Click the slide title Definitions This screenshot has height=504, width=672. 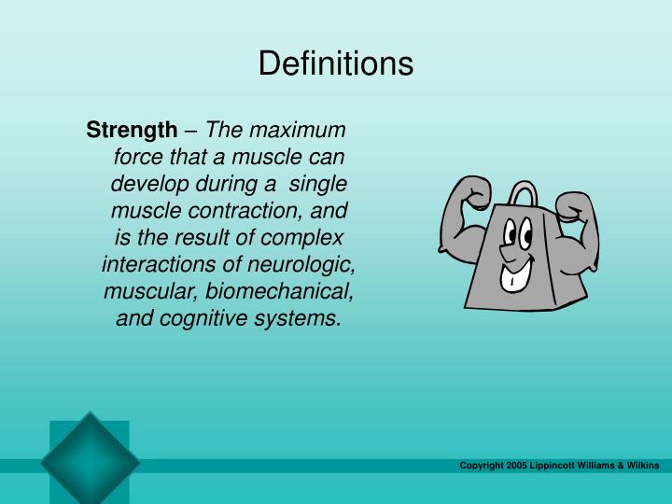[335, 63]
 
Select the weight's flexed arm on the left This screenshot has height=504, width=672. [462, 219]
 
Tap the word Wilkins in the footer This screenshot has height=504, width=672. [642, 465]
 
